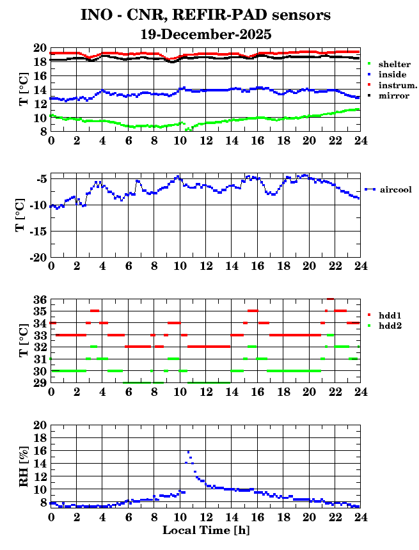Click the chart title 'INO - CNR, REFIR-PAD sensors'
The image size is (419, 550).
click(205, 15)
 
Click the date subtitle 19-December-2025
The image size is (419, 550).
click(205, 34)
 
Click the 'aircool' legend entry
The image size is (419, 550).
click(395, 189)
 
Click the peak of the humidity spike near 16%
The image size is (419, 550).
click(188, 452)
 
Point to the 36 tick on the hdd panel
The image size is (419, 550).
click(40, 299)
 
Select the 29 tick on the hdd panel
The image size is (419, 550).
click(40, 383)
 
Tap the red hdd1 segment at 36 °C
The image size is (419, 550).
click(331, 299)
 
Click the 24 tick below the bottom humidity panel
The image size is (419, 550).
click(360, 517)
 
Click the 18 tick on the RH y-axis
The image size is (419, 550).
click(40, 438)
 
